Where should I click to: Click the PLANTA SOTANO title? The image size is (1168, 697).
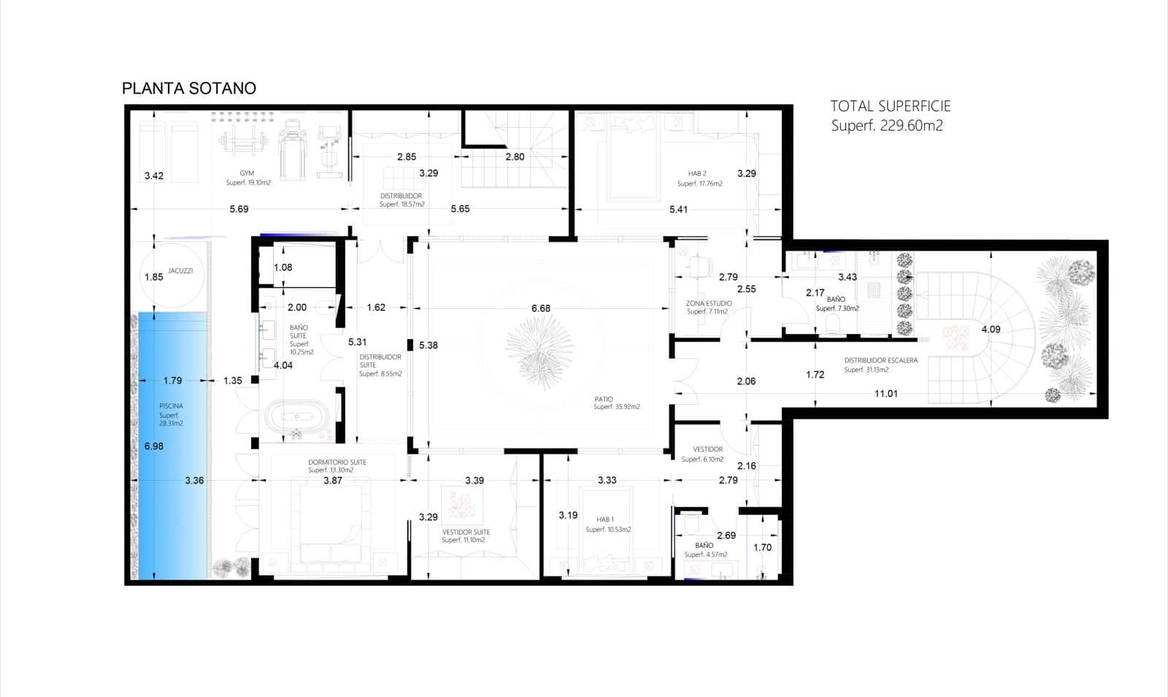pos(188,88)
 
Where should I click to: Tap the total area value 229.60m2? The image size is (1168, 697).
pos(911,126)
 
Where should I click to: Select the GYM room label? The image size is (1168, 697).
pos(247,173)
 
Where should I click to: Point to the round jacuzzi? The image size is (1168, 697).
pos(172,278)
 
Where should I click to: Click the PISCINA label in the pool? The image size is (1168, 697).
pos(171,405)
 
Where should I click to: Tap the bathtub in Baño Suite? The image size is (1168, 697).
pos(297,416)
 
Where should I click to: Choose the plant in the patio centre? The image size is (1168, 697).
pos(540,351)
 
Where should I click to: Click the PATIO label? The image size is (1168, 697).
pos(604,399)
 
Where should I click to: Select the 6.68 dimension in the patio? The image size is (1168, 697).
pos(541,308)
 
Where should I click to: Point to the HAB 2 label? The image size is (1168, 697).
pos(697,174)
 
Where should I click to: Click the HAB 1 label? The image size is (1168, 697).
pos(604,519)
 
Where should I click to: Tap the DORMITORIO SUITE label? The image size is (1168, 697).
pos(337,462)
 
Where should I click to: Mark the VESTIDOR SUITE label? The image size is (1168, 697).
pos(466,532)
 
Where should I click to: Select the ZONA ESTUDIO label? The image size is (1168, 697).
pos(708,303)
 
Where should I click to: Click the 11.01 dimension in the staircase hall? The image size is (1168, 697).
pos(885,394)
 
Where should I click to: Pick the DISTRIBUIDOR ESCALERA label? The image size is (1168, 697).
pos(880,360)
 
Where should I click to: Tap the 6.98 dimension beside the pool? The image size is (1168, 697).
pos(154,446)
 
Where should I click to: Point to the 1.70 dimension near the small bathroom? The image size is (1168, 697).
pos(762,547)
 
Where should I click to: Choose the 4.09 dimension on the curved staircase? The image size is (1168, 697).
pos(991,330)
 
